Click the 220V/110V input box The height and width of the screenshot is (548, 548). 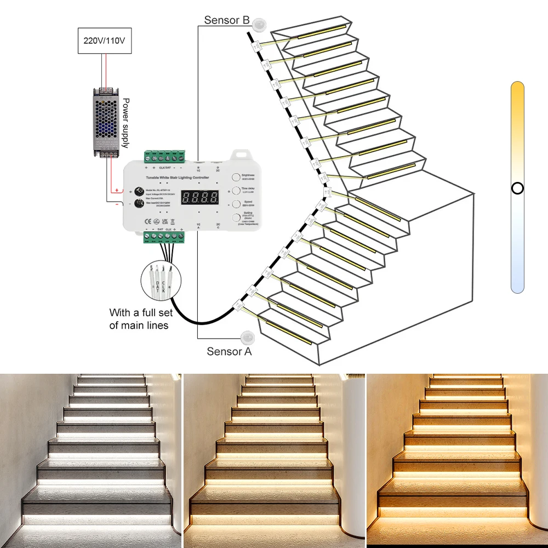pos(103,41)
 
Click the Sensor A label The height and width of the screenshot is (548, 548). pos(229,352)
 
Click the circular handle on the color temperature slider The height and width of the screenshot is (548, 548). pos(517,189)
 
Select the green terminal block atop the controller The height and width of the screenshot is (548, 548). pos(165,156)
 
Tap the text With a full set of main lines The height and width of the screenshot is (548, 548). pos(141,319)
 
